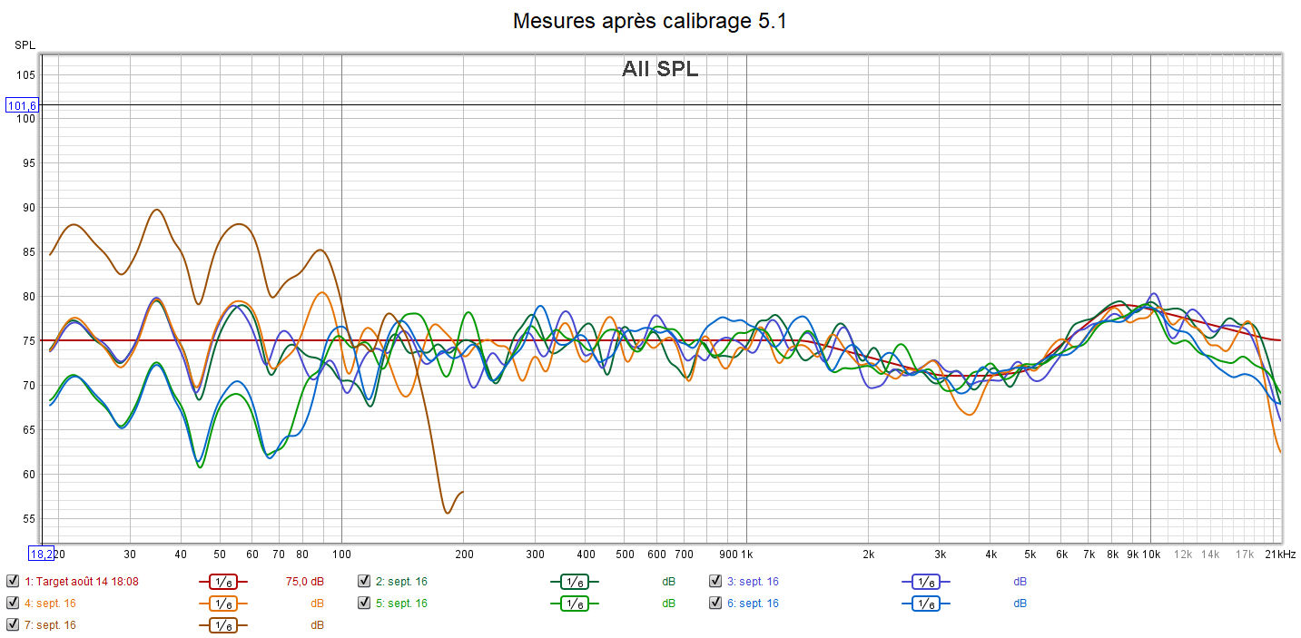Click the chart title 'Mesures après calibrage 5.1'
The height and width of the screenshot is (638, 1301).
click(x=649, y=21)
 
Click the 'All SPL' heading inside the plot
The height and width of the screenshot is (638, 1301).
click(x=660, y=69)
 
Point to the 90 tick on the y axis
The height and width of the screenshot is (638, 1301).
click(x=29, y=208)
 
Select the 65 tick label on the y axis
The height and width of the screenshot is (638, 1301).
click(x=29, y=430)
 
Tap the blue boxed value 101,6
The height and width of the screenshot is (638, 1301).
click(x=22, y=105)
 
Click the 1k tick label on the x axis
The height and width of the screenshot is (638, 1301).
click(x=746, y=554)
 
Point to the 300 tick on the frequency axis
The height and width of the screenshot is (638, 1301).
click(x=535, y=554)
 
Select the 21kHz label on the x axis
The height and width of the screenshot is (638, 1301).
click(x=1281, y=554)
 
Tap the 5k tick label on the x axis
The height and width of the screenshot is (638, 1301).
click(x=1030, y=554)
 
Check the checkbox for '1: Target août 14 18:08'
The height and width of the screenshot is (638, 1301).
click(x=12, y=582)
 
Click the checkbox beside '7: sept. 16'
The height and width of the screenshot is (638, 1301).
click(x=12, y=625)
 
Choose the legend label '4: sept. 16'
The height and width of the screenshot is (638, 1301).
click(x=50, y=604)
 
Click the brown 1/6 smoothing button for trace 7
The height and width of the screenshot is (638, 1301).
click(x=222, y=625)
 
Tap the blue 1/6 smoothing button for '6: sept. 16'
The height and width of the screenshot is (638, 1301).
click(x=925, y=604)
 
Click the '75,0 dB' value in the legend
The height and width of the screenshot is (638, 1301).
click(x=304, y=582)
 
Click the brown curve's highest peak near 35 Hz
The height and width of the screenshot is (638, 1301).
click(x=157, y=210)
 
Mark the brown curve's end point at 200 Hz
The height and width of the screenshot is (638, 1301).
click(x=463, y=492)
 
